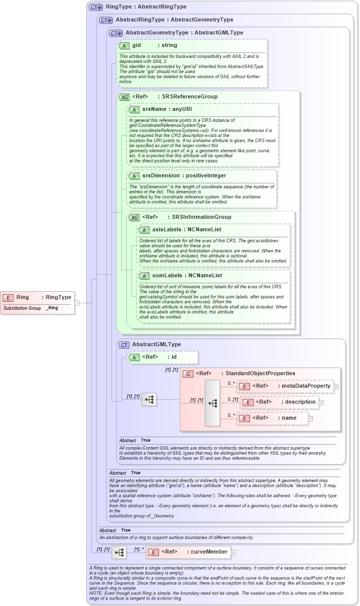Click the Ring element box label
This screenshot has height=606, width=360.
[23, 297]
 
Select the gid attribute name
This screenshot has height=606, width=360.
[136, 45]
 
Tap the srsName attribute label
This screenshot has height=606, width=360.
[152, 109]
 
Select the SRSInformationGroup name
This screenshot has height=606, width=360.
[201, 217]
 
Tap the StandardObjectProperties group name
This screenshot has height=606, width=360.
[260, 373]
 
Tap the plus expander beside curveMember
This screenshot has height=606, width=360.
[233, 552]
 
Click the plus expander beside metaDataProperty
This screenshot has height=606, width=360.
[336, 386]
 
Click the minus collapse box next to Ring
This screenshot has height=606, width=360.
[77, 302]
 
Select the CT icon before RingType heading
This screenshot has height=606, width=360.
[95, 7]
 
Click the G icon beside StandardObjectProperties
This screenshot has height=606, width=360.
[188, 373]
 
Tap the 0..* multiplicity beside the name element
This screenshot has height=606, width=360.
[231, 415]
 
